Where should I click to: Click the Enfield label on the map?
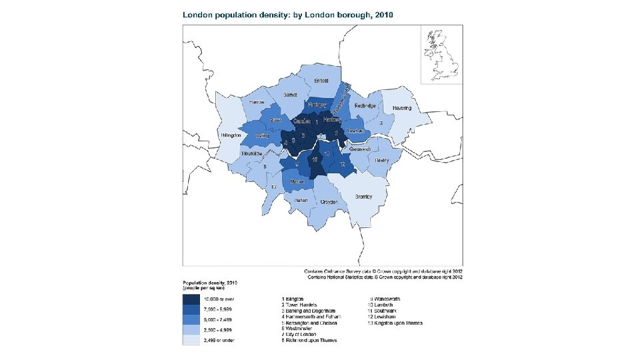(x=321, y=81)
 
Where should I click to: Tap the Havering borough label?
(x=402, y=107)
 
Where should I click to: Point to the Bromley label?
(x=363, y=197)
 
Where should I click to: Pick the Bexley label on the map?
(x=382, y=161)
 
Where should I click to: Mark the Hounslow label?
(x=253, y=154)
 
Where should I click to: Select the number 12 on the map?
(x=342, y=165)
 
